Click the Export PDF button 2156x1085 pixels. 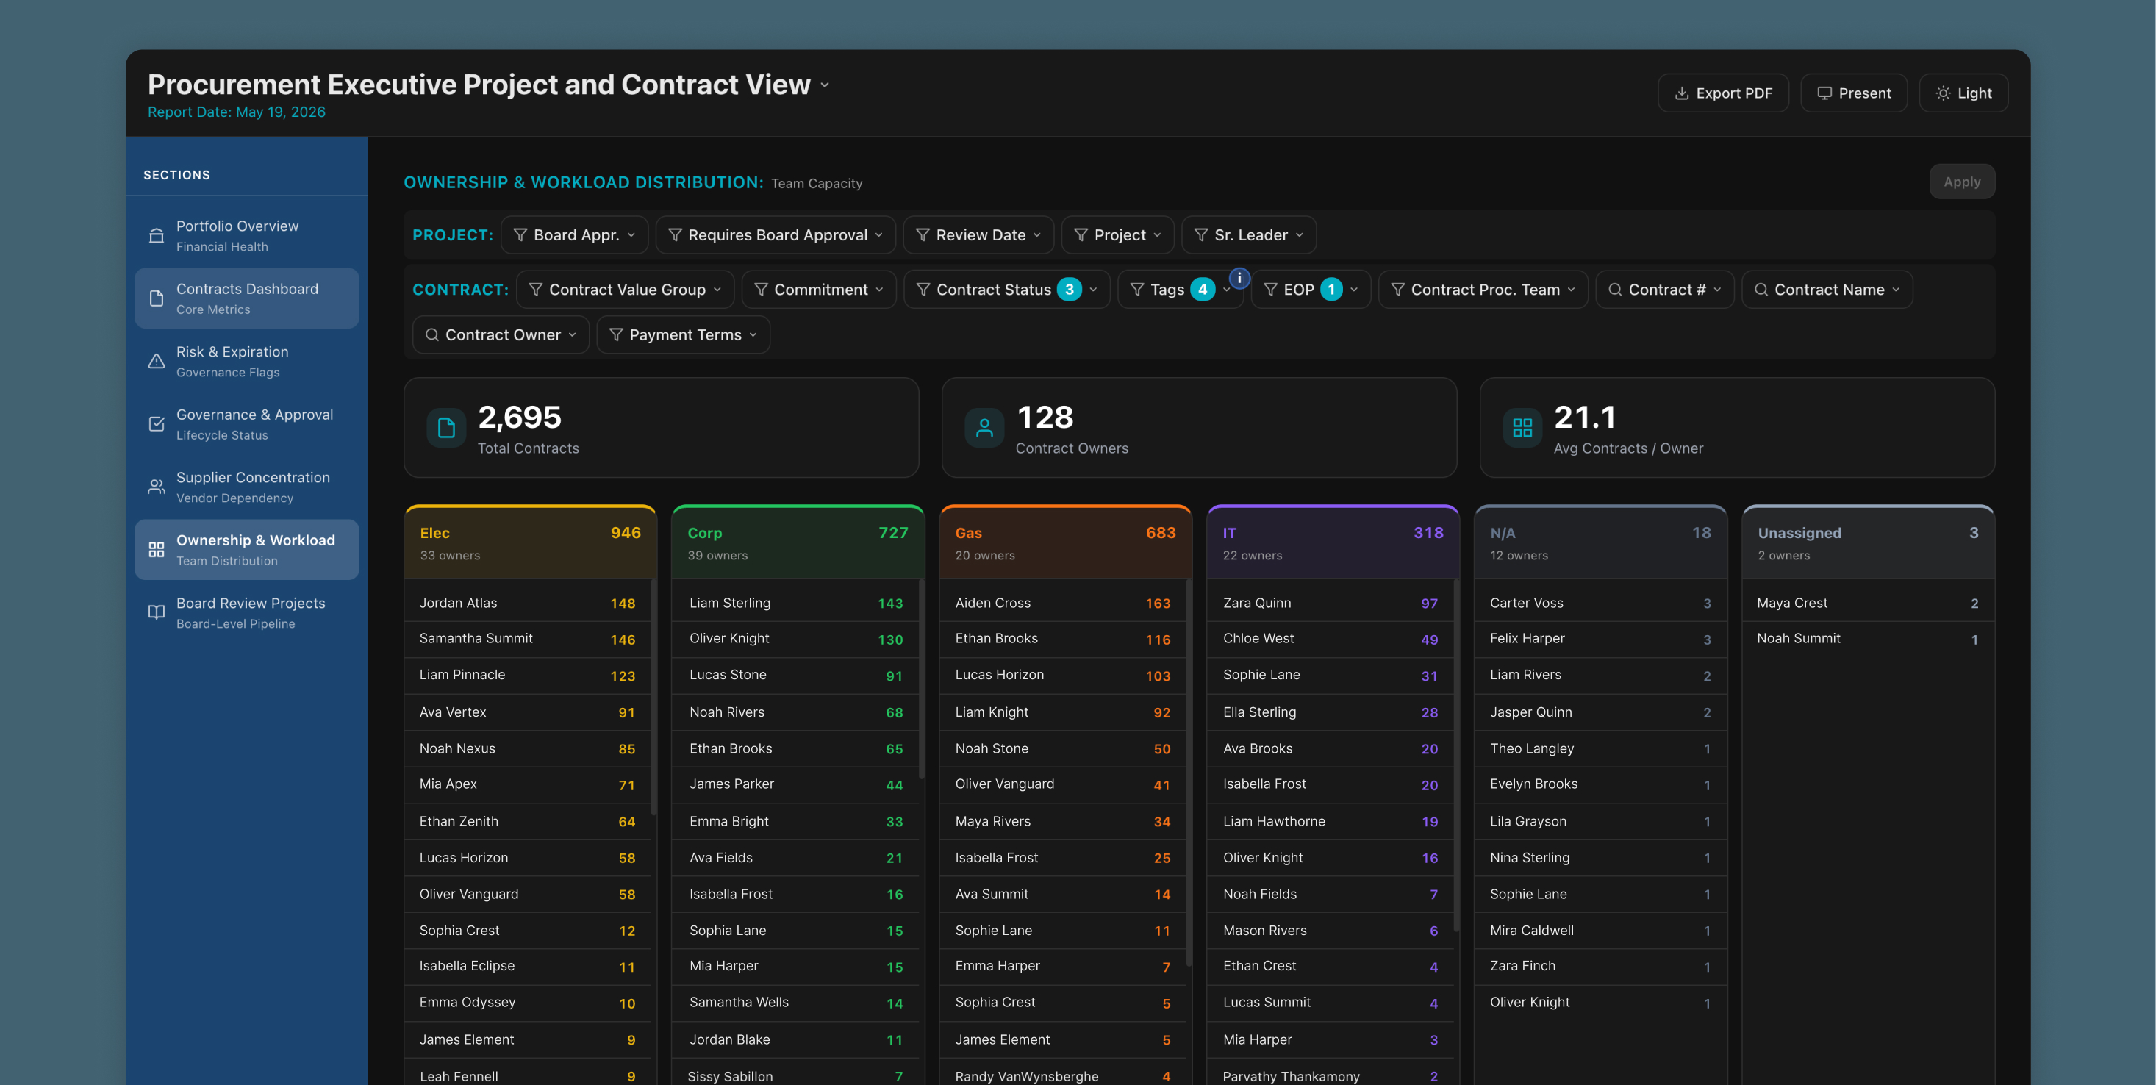click(1722, 93)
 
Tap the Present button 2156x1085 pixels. click(1853, 93)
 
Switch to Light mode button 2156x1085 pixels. click(1963, 93)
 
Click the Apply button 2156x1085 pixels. click(1962, 182)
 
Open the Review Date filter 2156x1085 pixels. click(978, 235)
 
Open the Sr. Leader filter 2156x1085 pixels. click(1249, 235)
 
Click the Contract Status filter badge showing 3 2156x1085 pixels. click(1069, 290)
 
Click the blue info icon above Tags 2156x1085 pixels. click(1239, 278)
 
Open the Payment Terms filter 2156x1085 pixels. click(683, 335)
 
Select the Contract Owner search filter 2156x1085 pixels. click(501, 335)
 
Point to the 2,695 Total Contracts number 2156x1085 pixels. click(520, 417)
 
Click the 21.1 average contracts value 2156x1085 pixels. click(1584, 417)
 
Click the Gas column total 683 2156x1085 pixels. click(1161, 532)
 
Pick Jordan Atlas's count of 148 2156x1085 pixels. click(623, 604)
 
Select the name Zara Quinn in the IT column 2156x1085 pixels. click(1256, 603)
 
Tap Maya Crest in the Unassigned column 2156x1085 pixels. click(1792, 603)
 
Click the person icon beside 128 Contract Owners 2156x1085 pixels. click(984, 428)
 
